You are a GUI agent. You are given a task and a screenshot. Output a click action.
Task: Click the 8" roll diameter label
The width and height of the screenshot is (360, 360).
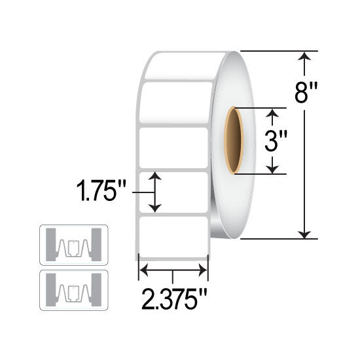306,93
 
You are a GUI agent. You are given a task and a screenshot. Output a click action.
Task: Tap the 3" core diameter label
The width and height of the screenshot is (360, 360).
276,141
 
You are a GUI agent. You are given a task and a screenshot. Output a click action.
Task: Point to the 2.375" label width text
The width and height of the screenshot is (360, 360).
175,299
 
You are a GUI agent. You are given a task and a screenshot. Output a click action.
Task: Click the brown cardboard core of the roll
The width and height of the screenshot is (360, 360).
234,141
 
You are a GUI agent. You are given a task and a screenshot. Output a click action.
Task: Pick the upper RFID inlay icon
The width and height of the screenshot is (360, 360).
74,245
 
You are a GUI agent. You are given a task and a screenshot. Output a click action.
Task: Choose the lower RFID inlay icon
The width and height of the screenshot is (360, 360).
74,290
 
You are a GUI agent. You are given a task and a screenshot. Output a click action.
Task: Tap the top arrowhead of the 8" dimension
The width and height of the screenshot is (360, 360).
304,56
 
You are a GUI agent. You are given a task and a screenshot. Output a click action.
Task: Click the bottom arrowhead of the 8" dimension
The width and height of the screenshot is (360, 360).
304,234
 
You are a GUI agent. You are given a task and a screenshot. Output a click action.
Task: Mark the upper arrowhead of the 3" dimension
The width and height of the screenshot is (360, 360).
272,113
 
